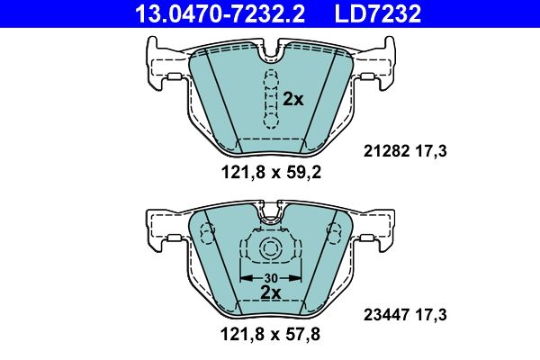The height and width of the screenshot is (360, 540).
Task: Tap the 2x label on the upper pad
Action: click(293, 99)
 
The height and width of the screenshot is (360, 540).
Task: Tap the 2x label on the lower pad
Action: click(270, 292)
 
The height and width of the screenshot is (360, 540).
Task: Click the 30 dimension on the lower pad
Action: click(270, 278)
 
